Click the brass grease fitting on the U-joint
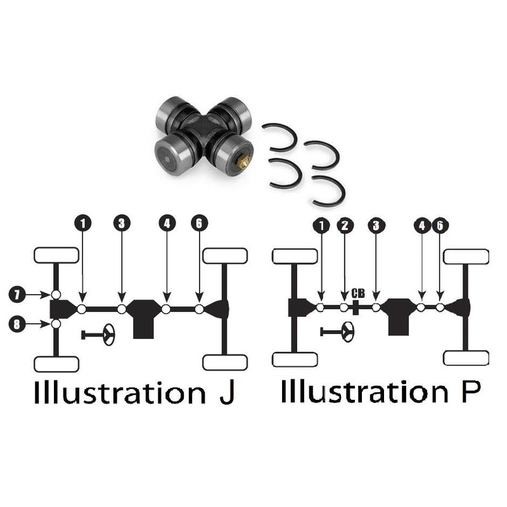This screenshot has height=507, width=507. (242, 162)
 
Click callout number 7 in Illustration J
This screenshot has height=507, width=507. (17, 294)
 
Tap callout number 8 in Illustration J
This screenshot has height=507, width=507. (17, 324)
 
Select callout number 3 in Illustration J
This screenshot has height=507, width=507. (122, 223)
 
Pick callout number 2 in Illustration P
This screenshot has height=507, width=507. (345, 226)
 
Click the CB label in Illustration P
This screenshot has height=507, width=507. (358, 293)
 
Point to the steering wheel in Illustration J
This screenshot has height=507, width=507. (98, 335)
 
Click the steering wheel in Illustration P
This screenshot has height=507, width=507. (337, 331)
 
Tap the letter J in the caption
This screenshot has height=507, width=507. (227, 392)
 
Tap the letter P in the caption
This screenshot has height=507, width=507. (471, 391)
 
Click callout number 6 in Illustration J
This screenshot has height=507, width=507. (199, 223)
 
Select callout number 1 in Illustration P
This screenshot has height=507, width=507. (321, 226)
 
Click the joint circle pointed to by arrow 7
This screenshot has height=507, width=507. (56, 295)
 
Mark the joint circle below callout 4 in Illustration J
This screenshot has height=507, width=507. (166, 309)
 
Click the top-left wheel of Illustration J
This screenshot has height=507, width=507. (56, 255)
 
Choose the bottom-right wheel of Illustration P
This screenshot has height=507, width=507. (466, 358)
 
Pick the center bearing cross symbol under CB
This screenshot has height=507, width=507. (356, 307)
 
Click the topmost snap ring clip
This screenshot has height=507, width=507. (279, 138)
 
